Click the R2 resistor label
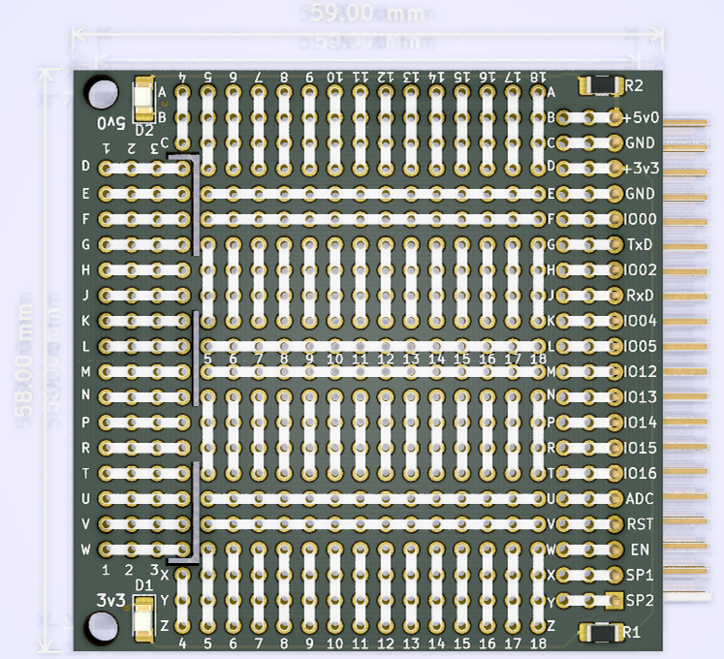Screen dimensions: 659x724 pos(635,85)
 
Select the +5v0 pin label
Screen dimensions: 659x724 pos(642,117)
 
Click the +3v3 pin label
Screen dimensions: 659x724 pos(642,168)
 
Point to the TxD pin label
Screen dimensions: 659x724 pos(640,244)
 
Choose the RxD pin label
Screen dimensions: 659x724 pos(640,295)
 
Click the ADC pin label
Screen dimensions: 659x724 pos(640,499)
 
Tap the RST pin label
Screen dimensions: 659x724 pos(640,524)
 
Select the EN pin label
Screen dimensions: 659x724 pos(640,549)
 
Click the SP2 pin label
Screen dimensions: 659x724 pos(640,600)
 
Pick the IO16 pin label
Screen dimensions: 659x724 pos(642,473)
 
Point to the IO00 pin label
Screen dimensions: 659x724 pos(642,219)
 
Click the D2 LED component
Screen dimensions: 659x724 pos(143,98)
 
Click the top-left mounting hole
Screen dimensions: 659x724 pos(101,92)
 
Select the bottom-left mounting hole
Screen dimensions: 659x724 pos(101,627)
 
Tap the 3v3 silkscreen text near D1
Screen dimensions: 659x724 pos(111,601)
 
